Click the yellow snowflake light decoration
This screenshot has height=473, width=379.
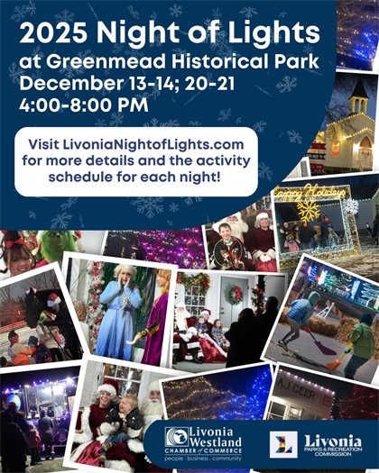(309, 212)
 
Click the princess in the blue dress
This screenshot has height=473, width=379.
(120, 306)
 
